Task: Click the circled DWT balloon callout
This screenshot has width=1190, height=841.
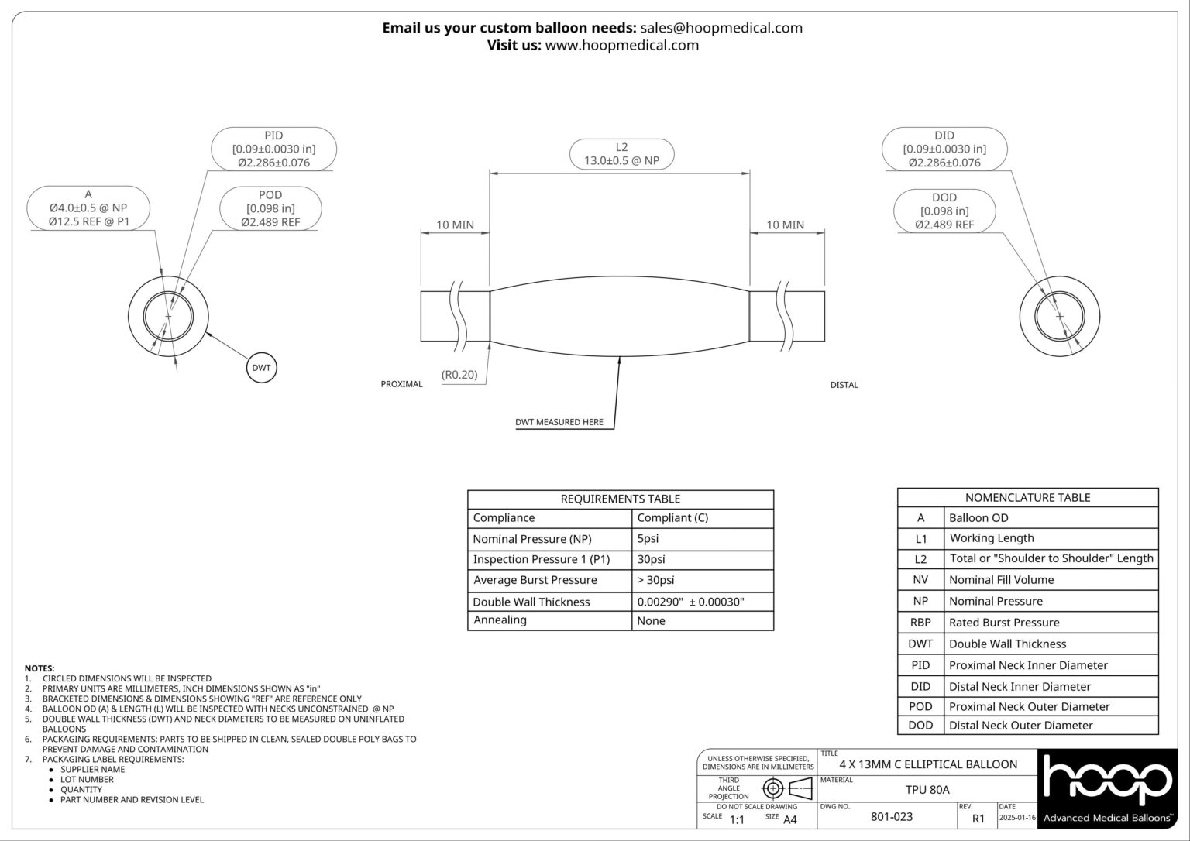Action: [261, 368]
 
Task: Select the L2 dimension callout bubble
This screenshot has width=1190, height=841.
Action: [621, 154]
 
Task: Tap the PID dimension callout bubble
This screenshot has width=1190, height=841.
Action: [273, 149]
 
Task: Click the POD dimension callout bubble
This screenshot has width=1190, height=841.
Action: [270, 208]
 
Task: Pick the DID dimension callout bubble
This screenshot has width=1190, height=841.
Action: [944, 149]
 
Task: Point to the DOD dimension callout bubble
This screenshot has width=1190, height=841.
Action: [944, 211]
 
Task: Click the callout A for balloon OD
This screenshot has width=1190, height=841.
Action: [88, 208]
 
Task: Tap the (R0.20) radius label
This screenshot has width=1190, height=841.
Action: [459, 375]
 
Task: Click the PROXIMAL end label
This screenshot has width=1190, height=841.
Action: [401, 384]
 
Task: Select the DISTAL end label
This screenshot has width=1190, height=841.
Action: [844, 385]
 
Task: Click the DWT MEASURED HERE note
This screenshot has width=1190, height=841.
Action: [559, 422]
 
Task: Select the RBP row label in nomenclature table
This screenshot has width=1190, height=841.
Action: [920, 623]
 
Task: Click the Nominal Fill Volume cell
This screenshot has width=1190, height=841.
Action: [1001, 580]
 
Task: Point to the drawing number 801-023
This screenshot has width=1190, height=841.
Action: [892, 816]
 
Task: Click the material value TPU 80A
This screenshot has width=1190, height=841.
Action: [927, 790]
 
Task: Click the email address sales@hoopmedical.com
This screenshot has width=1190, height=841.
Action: [721, 28]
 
